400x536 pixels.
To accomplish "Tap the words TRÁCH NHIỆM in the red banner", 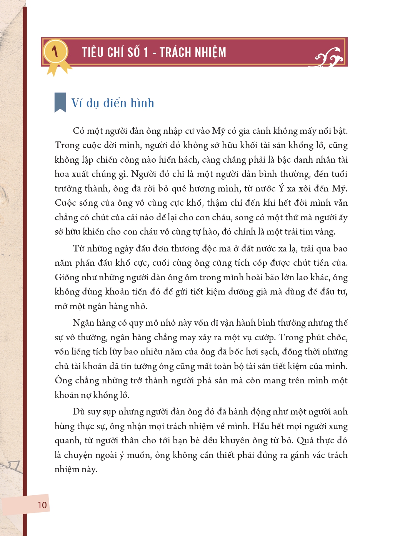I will tap(193, 52).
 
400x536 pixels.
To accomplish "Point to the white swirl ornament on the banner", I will tap(329, 58).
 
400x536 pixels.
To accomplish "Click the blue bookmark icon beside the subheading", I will tap(60, 102).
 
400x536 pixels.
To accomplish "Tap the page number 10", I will tap(42, 505).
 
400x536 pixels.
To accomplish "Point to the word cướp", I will tap(265, 337).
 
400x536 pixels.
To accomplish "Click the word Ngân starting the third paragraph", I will tap(83, 323).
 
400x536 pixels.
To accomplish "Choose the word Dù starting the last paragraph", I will tap(78, 412).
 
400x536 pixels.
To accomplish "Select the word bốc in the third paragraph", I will tap(237, 352).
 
